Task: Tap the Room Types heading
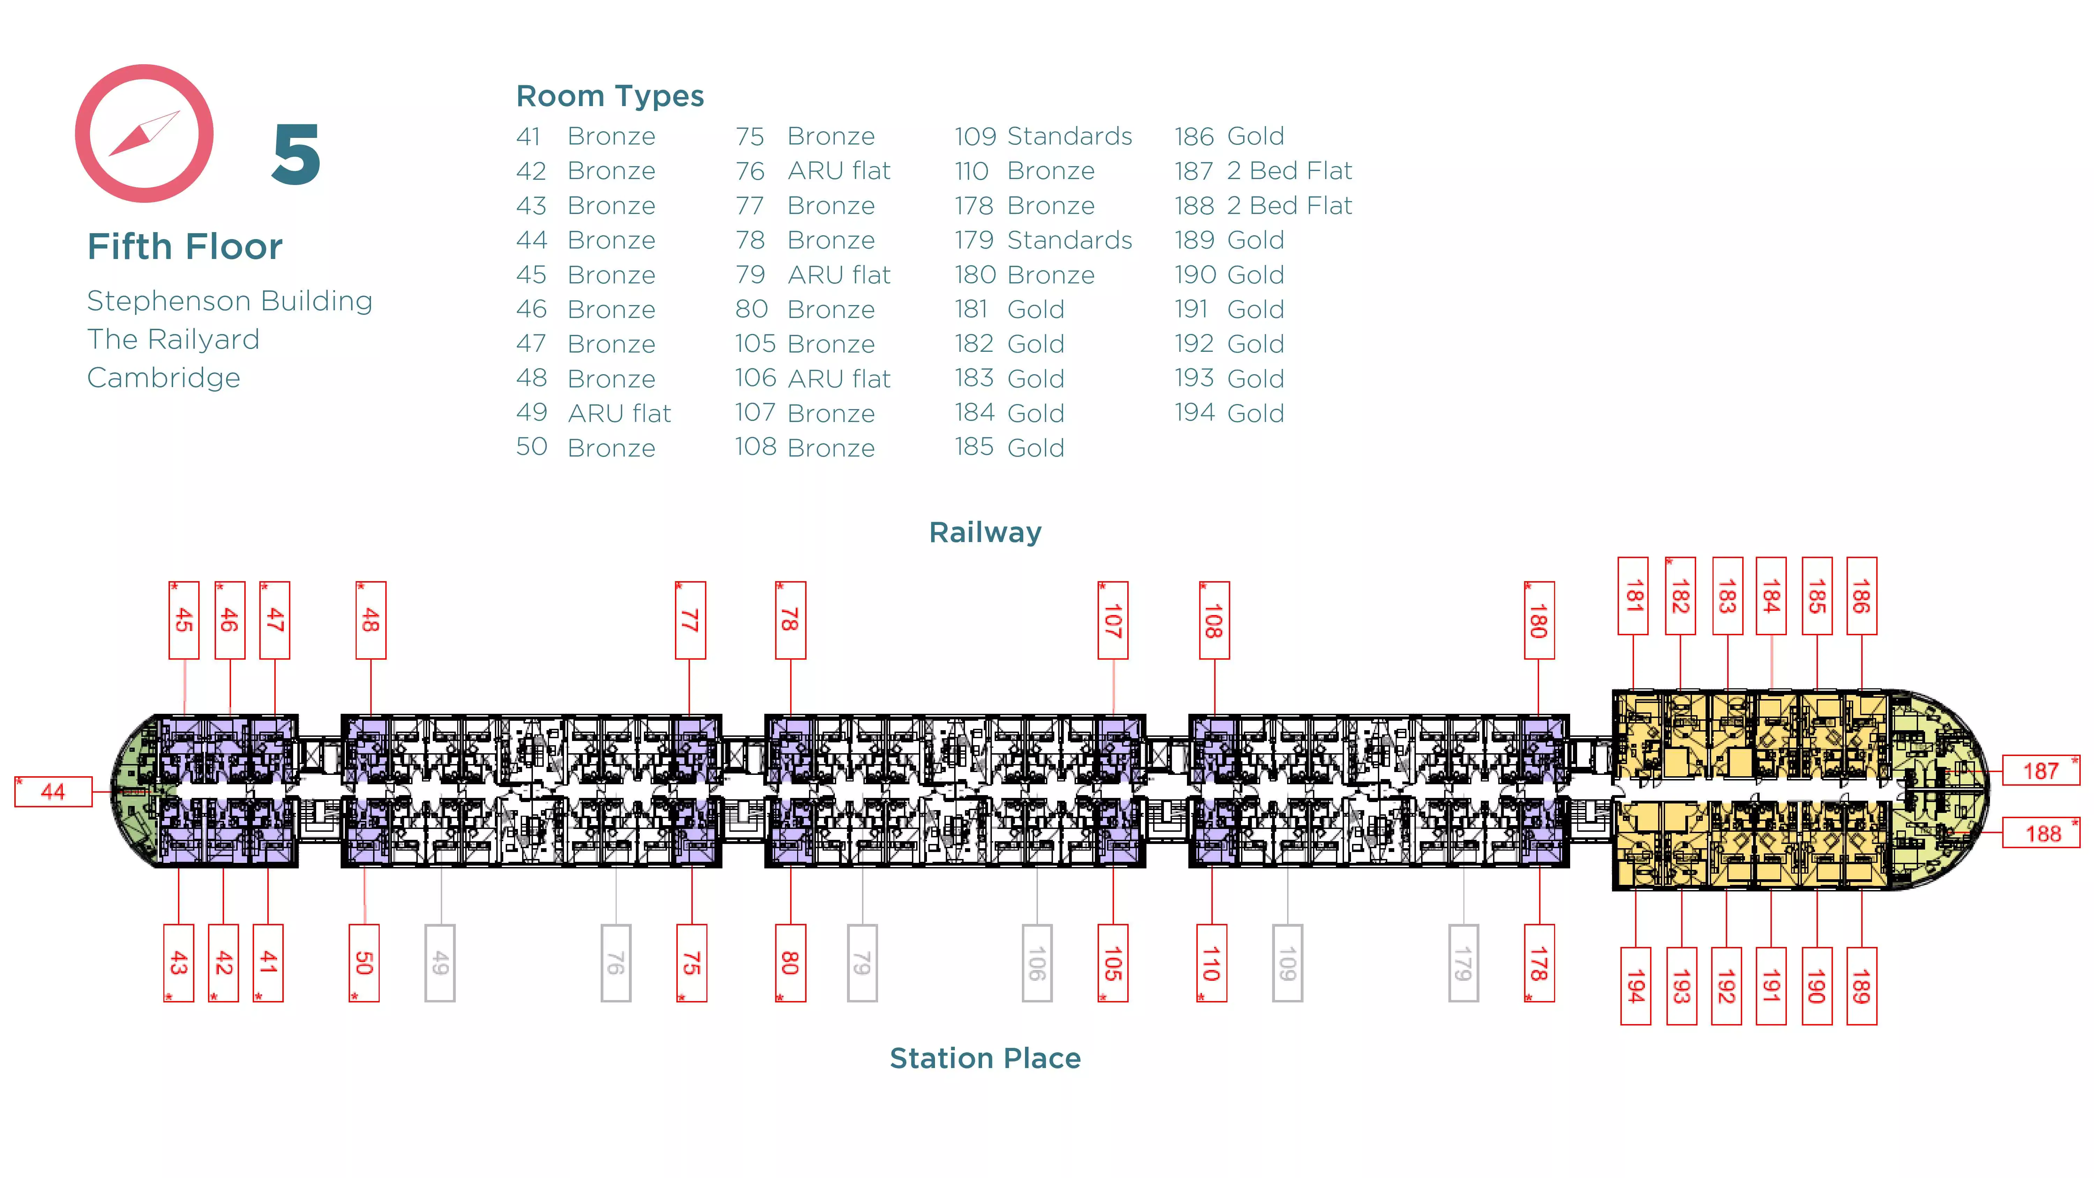pyautogui.click(x=610, y=96)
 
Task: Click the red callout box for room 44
pyautogui.click(x=53, y=791)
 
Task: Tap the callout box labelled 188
pyautogui.click(x=2040, y=833)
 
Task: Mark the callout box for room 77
pyautogui.click(x=690, y=620)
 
